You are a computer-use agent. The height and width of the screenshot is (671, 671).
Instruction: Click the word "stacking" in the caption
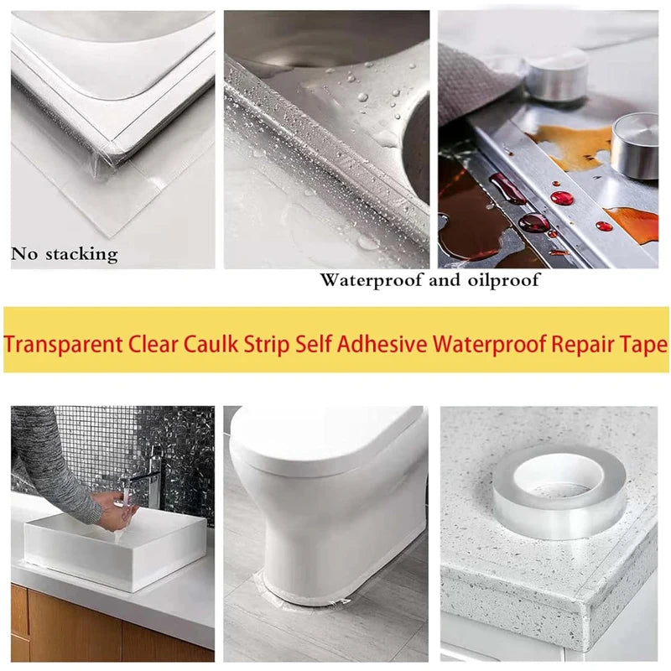pos(81,255)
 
